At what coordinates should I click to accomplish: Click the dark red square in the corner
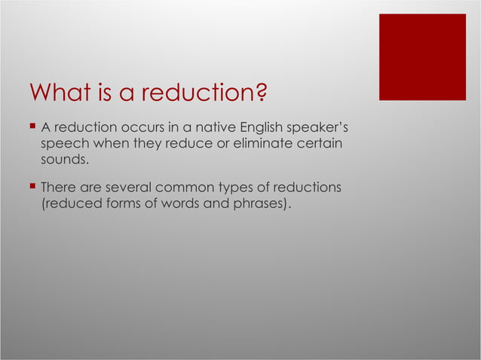[422, 57]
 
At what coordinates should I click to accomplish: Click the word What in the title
[57, 94]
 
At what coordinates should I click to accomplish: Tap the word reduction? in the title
[204, 94]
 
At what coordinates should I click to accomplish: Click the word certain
[317, 144]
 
